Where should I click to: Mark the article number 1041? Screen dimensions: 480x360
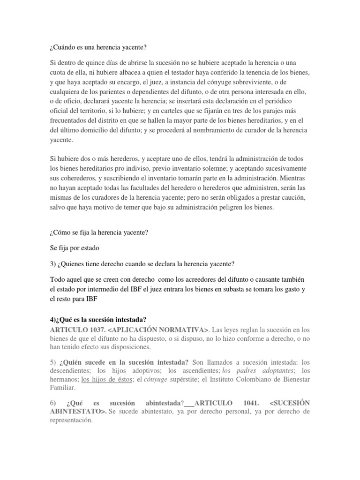[x=255, y=402]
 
